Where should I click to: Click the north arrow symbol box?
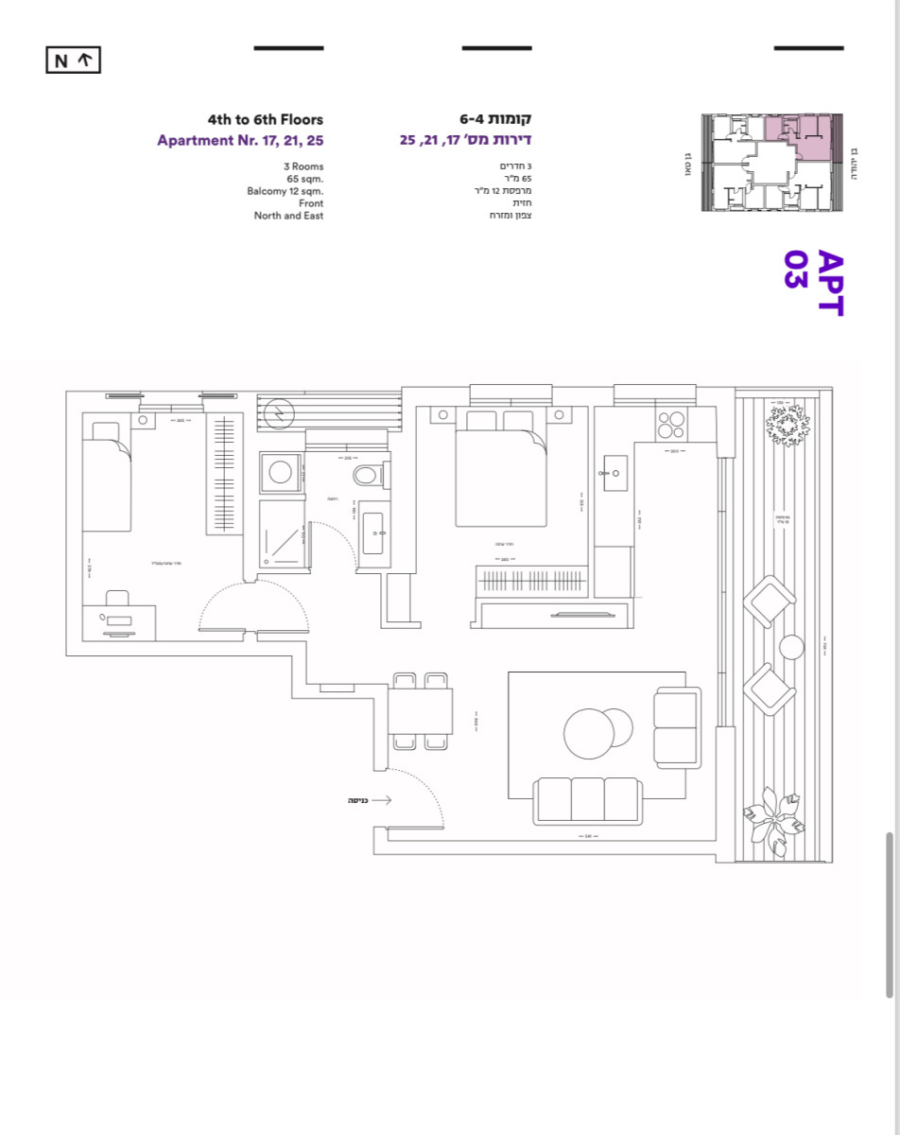[x=73, y=61]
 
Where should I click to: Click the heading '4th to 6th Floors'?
[x=265, y=120]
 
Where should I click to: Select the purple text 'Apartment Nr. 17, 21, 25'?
[x=240, y=141]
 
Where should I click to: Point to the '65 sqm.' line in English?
[x=304, y=179]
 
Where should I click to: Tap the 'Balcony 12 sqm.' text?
[x=285, y=191]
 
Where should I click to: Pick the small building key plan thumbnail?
[x=770, y=164]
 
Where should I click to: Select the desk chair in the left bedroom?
[x=117, y=599]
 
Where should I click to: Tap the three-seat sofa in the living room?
[x=586, y=799]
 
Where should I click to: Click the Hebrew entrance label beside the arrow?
[x=357, y=800]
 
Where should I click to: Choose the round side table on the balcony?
[x=791, y=648]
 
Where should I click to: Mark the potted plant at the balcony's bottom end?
[x=776, y=826]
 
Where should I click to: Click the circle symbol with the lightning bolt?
[x=279, y=413]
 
